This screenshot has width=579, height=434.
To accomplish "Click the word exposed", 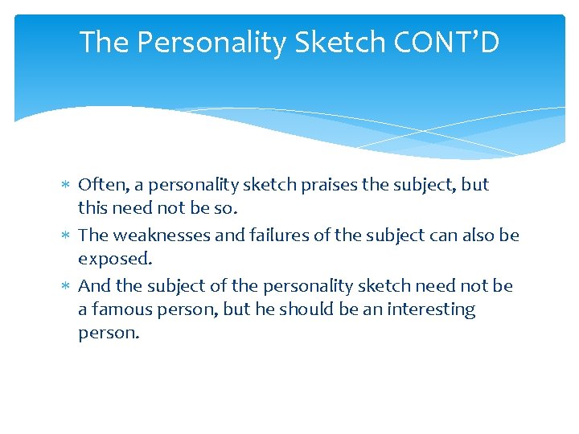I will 114,259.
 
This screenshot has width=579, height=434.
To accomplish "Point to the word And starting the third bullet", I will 94,286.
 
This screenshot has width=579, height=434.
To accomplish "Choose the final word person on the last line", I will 108,333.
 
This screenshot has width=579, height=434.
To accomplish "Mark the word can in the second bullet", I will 436,235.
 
